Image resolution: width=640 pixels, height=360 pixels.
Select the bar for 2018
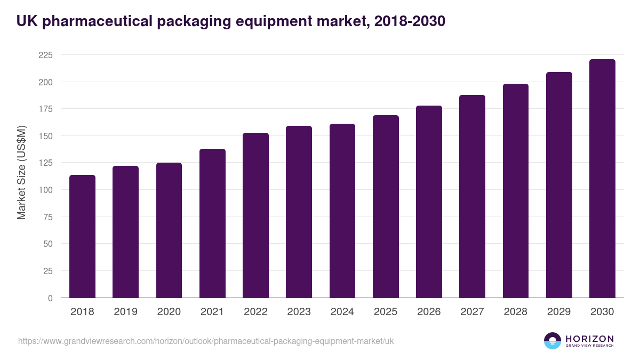(82, 236)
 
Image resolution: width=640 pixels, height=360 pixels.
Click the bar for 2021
(212, 223)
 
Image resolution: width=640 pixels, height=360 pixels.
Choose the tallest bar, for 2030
(602, 179)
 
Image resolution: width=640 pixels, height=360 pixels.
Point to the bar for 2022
(255, 215)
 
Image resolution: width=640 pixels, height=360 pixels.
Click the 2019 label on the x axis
(126, 312)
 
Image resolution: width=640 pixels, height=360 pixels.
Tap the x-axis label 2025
(386, 312)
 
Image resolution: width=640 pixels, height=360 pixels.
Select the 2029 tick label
(559, 312)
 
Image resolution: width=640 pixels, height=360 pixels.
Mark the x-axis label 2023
(299, 312)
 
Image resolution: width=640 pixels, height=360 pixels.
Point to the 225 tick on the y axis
(45, 55)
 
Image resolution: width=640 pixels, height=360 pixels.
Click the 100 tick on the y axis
(45, 190)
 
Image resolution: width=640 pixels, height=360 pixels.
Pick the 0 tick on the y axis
(50, 298)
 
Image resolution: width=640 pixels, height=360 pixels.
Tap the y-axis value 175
(45, 109)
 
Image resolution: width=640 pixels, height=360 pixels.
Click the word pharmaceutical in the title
(95, 21)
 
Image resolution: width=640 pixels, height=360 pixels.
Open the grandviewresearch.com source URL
(206, 341)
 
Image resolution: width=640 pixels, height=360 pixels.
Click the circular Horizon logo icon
(552, 341)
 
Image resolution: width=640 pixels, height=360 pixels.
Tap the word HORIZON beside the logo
(589, 338)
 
